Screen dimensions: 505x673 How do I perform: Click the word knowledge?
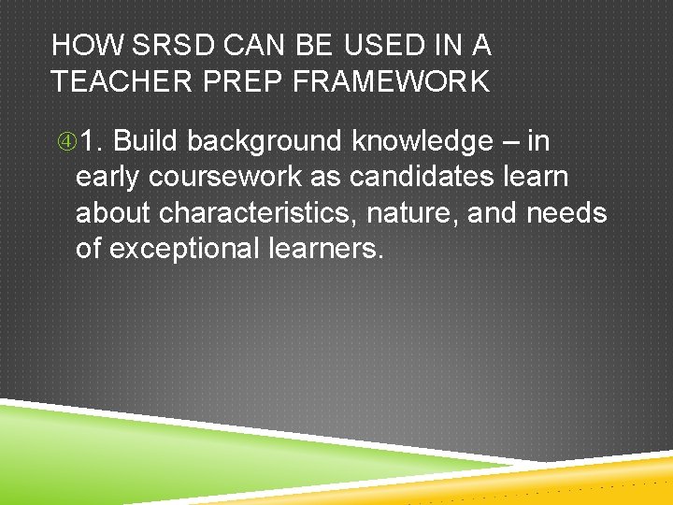[x=421, y=142]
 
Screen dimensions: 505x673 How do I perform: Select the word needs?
[x=566, y=213]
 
